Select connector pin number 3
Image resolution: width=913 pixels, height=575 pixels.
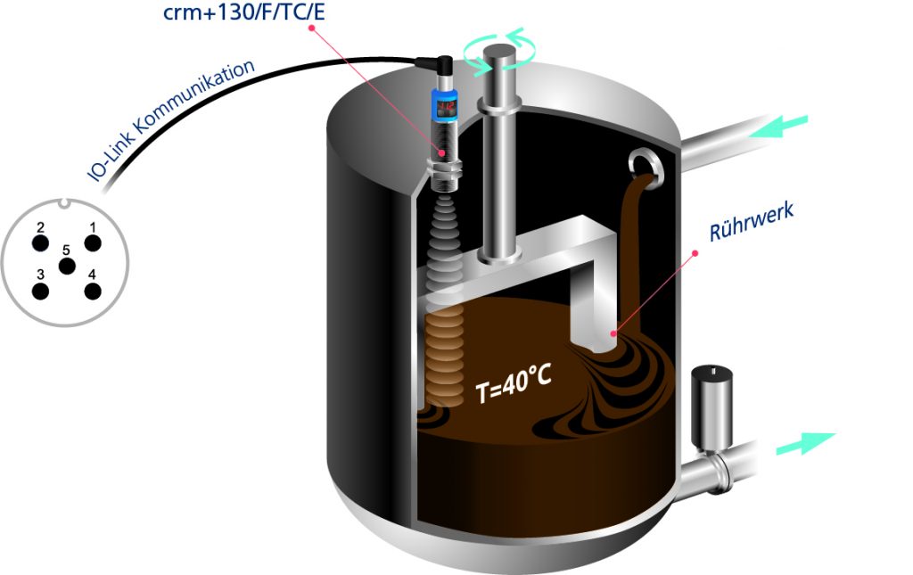tap(39, 291)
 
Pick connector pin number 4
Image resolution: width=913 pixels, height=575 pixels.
tap(92, 291)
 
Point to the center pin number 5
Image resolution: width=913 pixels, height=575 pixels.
tap(66, 266)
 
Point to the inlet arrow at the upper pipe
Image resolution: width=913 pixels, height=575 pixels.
tap(779, 126)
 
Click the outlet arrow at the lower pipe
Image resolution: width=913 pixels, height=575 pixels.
tap(806, 443)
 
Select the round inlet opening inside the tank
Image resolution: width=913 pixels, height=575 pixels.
tap(645, 164)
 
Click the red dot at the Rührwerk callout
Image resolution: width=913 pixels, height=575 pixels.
tap(695, 253)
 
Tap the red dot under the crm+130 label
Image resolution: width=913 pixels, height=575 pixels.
tap(312, 28)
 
